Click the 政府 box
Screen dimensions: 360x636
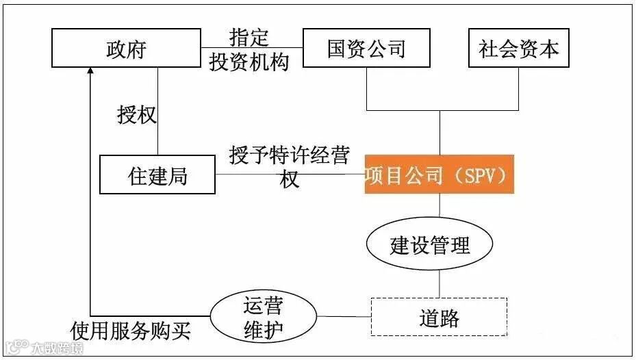pyautogui.click(x=126, y=49)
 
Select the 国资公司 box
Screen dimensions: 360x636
pyautogui.click(x=366, y=49)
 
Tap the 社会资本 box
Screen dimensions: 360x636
pyautogui.click(x=519, y=49)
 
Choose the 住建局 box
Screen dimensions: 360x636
pyautogui.click(x=157, y=176)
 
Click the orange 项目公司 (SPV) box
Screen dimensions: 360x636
pyautogui.click(x=439, y=175)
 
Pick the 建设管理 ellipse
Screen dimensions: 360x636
pyautogui.click(x=431, y=245)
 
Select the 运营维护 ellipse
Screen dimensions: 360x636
pyautogui.click(x=263, y=317)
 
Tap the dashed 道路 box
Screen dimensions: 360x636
pyautogui.click(x=439, y=317)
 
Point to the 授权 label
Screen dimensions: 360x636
pyautogui.click(x=136, y=114)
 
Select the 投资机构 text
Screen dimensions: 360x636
pyautogui.click(x=249, y=61)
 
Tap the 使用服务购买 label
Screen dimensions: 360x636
pyautogui.click(x=131, y=332)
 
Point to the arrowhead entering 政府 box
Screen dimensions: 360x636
pyautogui.click(x=91, y=71)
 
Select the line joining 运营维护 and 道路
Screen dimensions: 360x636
pyautogui.click(x=343, y=316)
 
